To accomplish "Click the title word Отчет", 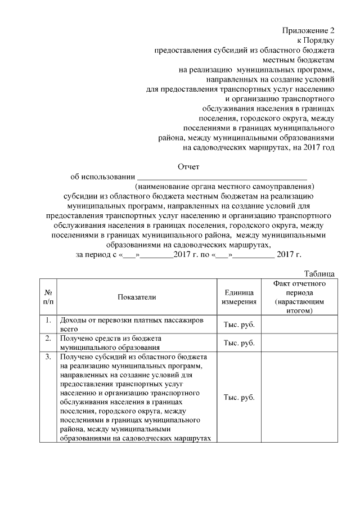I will point(188,166).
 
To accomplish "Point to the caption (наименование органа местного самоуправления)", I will point(224,186).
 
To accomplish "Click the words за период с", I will point(94,255).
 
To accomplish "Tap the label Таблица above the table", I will point(319,273).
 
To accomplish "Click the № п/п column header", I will point(48,297).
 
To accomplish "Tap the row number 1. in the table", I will point(48,320).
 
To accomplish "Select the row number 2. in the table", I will point(48,339).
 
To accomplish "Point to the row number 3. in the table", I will point(48,357).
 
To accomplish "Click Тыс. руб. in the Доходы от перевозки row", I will point(239,325).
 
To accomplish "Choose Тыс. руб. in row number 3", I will point(239,398).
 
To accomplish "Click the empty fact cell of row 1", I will point(299,325).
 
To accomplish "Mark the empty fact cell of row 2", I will point(299,343).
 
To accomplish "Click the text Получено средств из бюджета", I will point(111,339).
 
